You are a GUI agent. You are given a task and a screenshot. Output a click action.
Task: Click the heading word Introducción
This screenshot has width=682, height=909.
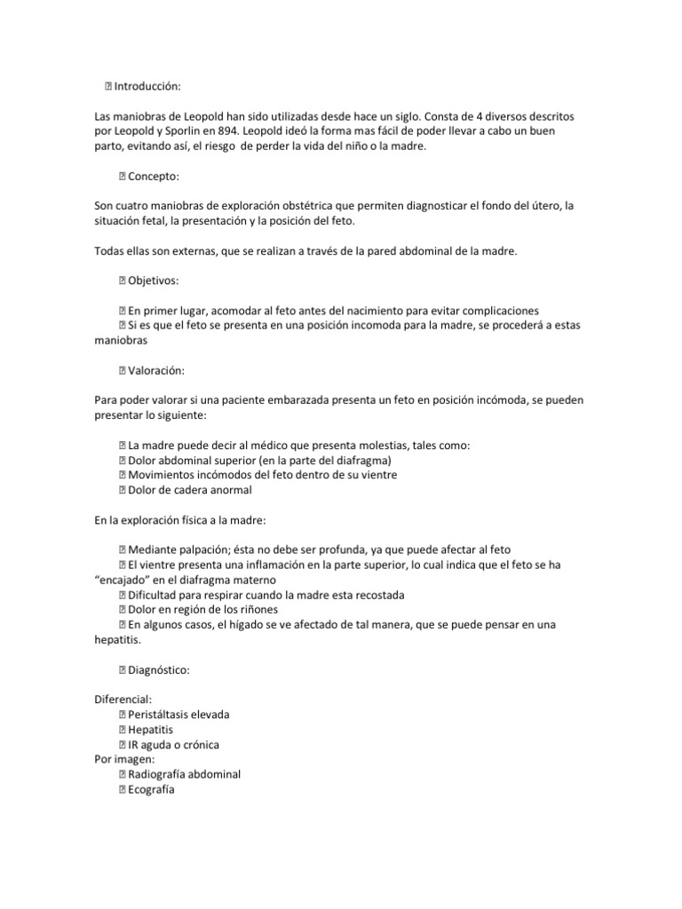[x=147, y=86]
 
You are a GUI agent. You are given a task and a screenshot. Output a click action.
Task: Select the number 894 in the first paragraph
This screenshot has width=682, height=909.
[x=234, y=131]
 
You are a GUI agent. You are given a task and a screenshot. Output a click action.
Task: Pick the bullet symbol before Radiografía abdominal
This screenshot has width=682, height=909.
[x=122, y=774]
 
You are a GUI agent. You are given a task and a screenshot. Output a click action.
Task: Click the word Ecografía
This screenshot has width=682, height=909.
[x=152, y=789]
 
